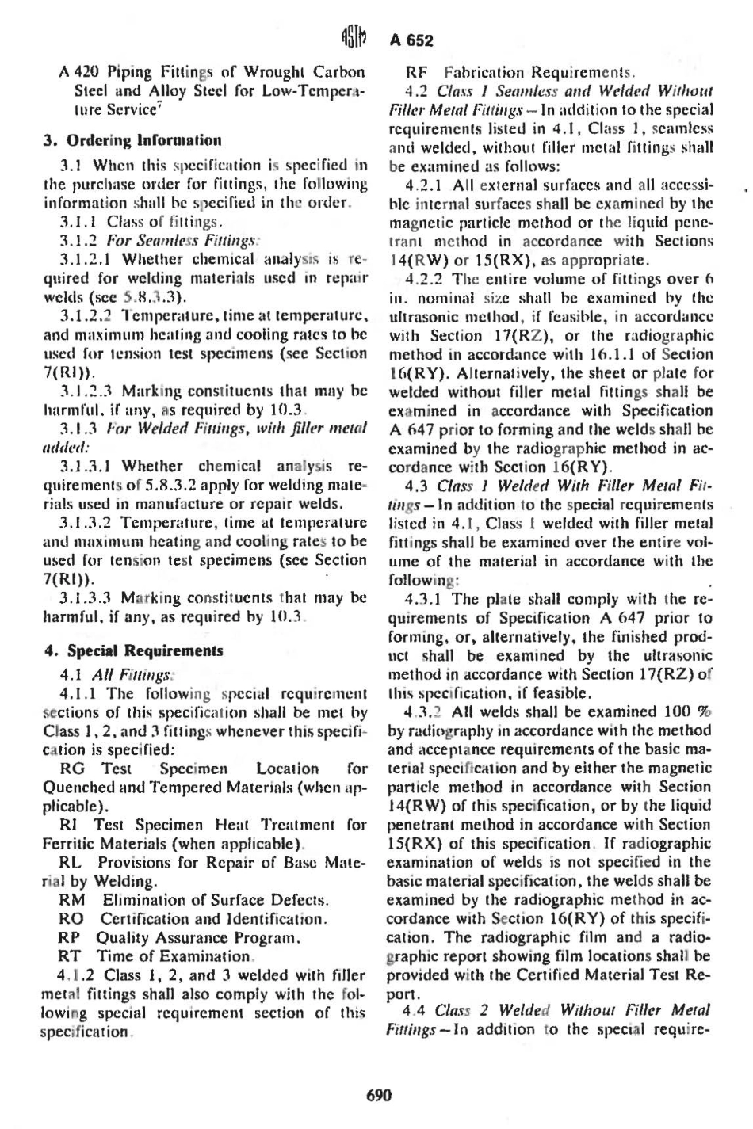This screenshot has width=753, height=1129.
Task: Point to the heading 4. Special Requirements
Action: [x=133, y=650]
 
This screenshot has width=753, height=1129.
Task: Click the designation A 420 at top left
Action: [x=78, y=71]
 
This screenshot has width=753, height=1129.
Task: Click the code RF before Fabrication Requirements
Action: [x=416, y=71]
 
